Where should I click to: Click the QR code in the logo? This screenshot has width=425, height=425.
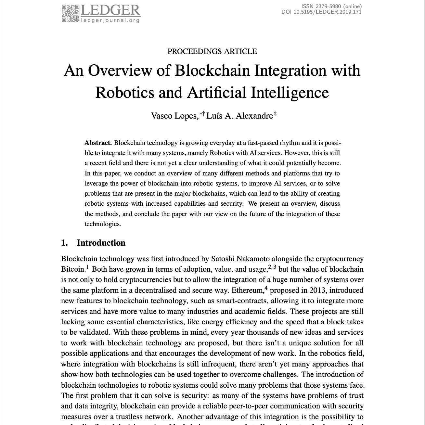point(70,13)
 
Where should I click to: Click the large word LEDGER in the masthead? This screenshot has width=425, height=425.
point(110,10)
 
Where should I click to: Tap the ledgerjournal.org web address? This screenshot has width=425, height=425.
point(110,20)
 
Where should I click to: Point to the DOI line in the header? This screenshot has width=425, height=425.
point(321,12)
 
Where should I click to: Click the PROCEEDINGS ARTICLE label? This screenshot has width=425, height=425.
point(212,51)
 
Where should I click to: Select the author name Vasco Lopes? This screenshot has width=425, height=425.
point(174,116)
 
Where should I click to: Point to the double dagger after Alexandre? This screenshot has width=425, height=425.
point(275,114)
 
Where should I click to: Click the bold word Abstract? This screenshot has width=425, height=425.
point(98,143)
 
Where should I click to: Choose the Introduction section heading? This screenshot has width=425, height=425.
point(101,243)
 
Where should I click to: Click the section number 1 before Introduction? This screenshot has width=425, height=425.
point(64,243)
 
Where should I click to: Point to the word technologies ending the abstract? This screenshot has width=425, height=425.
point(102,224)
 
